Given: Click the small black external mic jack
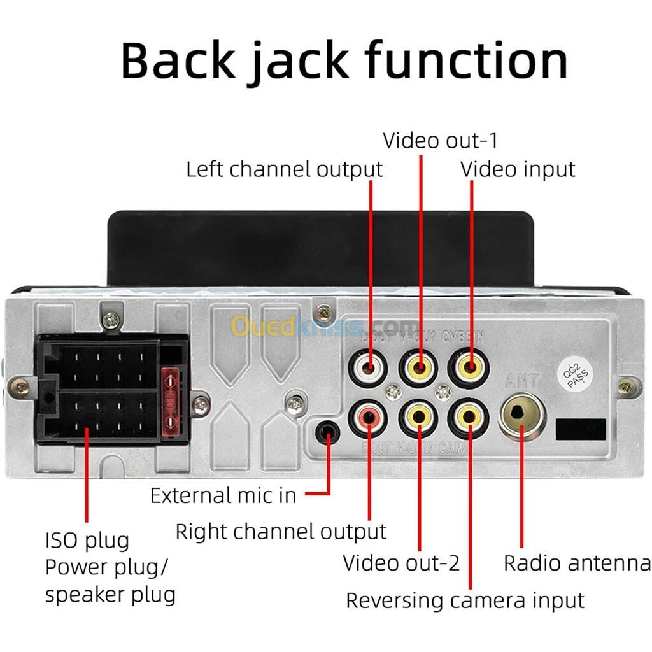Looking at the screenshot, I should click(x=328, y=432).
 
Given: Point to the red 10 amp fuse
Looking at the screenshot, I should click(x=171, y=402).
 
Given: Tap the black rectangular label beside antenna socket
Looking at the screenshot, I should click(x=581, y=430).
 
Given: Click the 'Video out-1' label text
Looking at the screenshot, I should click(x=440, y=140).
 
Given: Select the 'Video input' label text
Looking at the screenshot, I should click(x=517, y=169).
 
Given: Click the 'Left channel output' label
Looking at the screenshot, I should click(x=284, y=170).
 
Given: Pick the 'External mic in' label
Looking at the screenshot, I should click(x=223, y=495).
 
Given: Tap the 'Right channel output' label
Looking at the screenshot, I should click(x=281, y=532).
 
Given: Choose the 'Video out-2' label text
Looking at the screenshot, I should click(x=401, y=563).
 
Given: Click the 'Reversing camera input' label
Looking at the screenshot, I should click(x=465, y=600).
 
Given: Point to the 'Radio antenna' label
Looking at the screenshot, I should click(x=577, y=563).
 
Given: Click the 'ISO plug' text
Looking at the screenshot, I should click(x=87, y=541).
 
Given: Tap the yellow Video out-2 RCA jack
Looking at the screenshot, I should click(x=418, y=417).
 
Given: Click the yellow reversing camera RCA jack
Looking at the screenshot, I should click(x=469, y=417).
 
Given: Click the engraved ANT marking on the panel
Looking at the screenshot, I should click(x=522, y=381).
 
